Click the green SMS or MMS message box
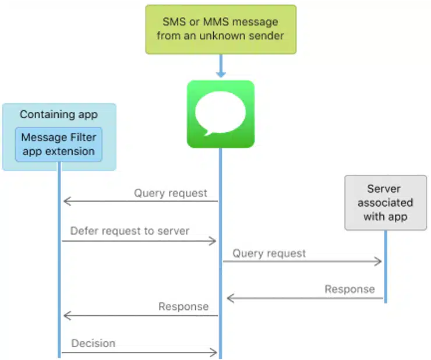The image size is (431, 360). pyautogui.click(x=221, y=29)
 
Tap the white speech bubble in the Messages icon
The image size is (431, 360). pyautogui.click(x=220, y=112)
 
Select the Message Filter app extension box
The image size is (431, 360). pyautogui.click(x=58, y=144)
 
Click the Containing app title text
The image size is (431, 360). pyautogui.click(x=58, y=114)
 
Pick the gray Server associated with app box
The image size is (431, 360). pyautogui.click(x=385, y=203)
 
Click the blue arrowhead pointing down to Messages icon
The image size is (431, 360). pyautogui.click(x=221, y=73)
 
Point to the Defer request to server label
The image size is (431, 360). pyautogui.click(x=130, y=231)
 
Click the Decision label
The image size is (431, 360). pyautogui.click(x=93, y=343)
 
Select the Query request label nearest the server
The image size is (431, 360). pyautogui.click(x=269, y=253)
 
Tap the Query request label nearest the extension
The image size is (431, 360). pyautogui.click(x=171, y=193)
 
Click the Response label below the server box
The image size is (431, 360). pyautogui.click(x=349, y=289)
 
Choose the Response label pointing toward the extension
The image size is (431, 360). pyautogui.click(x=183, y=306)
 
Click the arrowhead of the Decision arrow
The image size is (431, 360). pyautogui.click(x=214, y=352)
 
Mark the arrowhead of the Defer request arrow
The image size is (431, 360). pyautogui.click(x=214, y=241)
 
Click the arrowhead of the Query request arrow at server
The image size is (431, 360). pyautogui.click(x=379, y=262)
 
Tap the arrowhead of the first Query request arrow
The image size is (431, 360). pyautogui.click(x=66, y=202)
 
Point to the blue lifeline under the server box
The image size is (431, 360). pyautogui.click(x=385, y=268)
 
